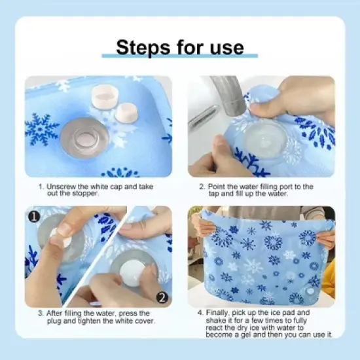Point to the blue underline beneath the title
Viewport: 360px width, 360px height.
[x=179, y=57]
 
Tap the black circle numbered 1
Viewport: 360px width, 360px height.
[x=34, y=215]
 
